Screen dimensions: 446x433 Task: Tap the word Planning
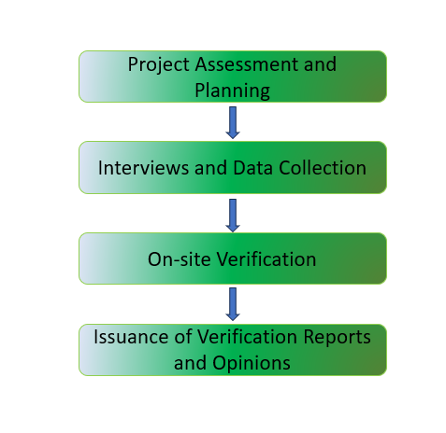point(232,91)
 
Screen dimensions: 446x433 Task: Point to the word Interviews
point(143,168)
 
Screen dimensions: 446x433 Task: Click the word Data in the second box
point(252,168)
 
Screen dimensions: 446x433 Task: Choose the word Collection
point(323,168)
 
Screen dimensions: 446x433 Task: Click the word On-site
point(179,259)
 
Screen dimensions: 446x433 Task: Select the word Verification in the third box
point(266,259)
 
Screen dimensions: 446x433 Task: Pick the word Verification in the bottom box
point(247,337)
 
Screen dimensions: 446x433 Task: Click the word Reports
point(337,338)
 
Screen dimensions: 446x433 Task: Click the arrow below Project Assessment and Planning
point(233,122)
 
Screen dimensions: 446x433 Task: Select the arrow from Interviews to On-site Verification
point(233,216)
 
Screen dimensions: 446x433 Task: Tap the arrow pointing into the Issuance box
point(233,304)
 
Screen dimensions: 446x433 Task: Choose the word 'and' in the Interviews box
point(210,168)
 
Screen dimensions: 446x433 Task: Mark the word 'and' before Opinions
point(190,363)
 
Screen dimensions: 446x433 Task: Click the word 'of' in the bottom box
point(183,337)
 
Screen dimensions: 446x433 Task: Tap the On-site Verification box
point(233,258)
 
